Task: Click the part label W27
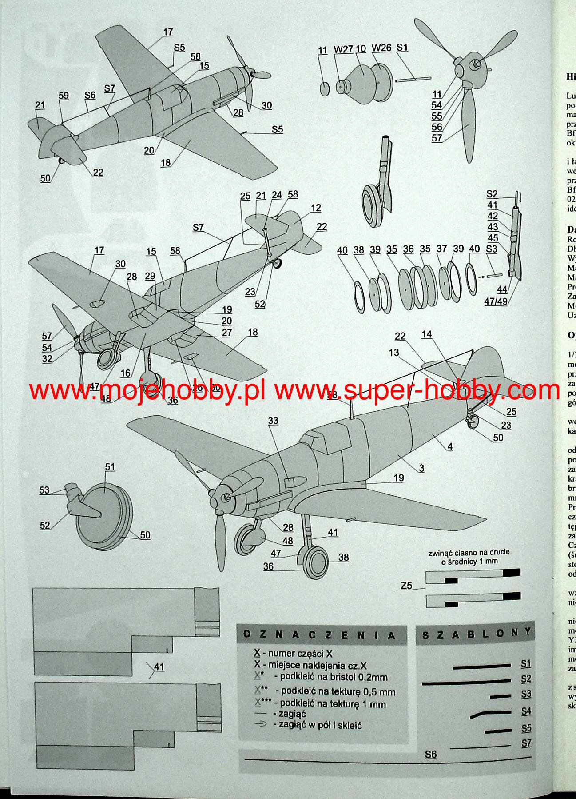click(343, 49)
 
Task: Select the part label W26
click(381, 48)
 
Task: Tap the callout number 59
click(64, 96)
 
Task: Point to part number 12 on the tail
click(316, 208)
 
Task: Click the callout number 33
click(273, 420)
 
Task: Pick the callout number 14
click(427, 334)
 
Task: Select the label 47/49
click(496, 301)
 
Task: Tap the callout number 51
click(110, 467)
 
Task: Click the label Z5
click(406, 586)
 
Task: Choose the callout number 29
click(150, 276)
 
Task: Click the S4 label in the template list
click(526, 711)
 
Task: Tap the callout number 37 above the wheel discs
click(441, 249)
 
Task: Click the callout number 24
click(277, 195)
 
